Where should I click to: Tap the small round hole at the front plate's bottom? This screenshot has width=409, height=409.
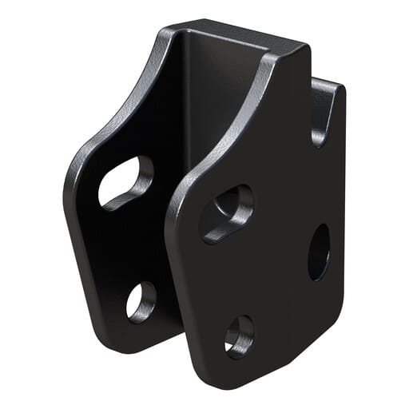click(x=239, y=334)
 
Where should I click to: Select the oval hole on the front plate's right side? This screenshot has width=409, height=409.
click(x=319, y=252)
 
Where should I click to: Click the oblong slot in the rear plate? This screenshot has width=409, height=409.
click(x=125, y=181)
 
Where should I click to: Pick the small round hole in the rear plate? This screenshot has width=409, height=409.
click(x=141, y=301)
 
